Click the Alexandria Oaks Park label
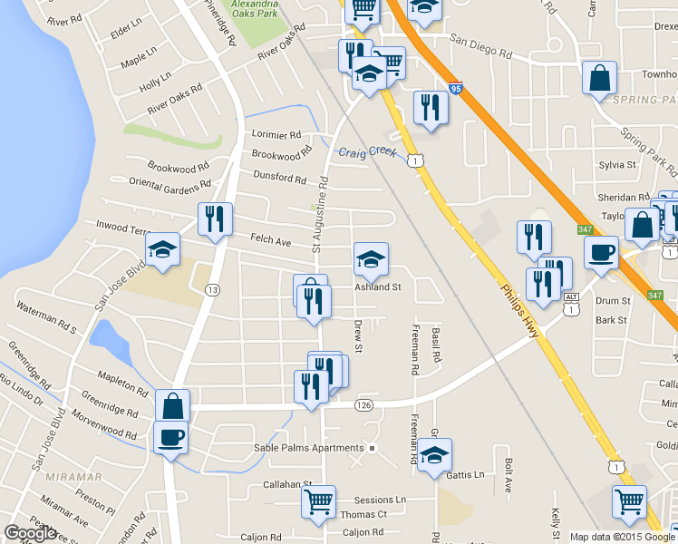(x=254, y=10)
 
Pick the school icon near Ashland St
(x=371, y=259)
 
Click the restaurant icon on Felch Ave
(x=216, y=219)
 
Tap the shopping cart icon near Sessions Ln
(x=319, y=501)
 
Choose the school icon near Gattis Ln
(x=435, y=455)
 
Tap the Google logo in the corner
(x=30, y=534)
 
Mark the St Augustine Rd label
(x=319, y=216)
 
